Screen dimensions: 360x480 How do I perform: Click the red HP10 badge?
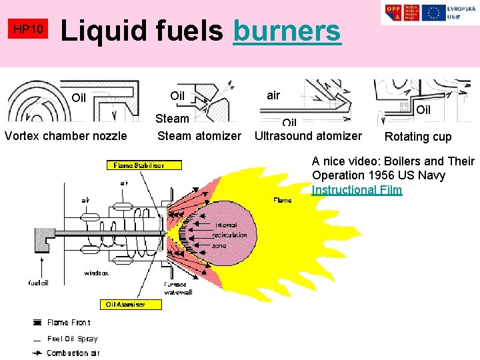click(x=29, y=29)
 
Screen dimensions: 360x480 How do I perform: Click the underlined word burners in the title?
click(x=287, y=31)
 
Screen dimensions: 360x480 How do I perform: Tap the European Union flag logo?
click(x=434, y=13)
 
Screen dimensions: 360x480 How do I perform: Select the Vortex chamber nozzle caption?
click(x=65, y=136)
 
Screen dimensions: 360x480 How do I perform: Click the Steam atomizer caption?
click(x=199, y=136)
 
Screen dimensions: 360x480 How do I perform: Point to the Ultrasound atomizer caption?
click(x=309, y=136)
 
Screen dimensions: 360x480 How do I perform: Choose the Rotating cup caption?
click(x=417, y=137)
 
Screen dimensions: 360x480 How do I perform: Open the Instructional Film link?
click(x=357, y=190)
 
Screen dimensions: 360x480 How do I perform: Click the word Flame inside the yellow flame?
click(x=281, y=200)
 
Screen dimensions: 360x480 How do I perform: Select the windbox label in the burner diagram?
click(x=96, y=273)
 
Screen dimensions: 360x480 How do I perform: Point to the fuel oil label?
click(x=38, y=282)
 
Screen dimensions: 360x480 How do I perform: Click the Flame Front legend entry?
click(x=68, y=323)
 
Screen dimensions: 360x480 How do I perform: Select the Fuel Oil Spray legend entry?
click(x=71, y=339)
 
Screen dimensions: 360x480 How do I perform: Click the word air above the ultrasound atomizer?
click(x=273, y=95)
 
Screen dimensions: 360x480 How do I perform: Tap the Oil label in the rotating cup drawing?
click(x=423, y=109)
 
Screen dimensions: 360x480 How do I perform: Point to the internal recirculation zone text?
click(x=229, y=235)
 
